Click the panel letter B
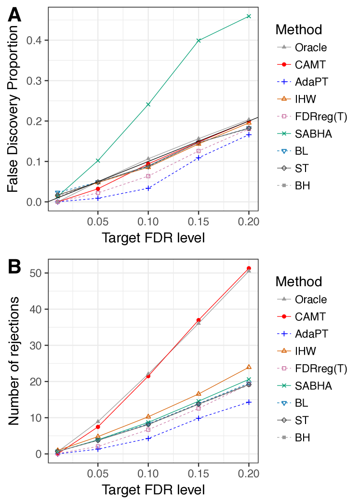tap(15, 266)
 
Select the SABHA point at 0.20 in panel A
tap(249, 16)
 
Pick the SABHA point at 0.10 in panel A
tap(148, 104)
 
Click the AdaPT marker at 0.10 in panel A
tap(148, 188)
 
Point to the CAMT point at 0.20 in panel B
tap(249, 268)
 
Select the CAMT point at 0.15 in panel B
tap(199, 320)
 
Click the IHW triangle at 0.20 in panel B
tap(249, 367)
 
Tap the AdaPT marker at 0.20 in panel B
tap(249, 402)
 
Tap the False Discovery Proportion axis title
tap(15, 108)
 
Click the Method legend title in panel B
tap(299, 281)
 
